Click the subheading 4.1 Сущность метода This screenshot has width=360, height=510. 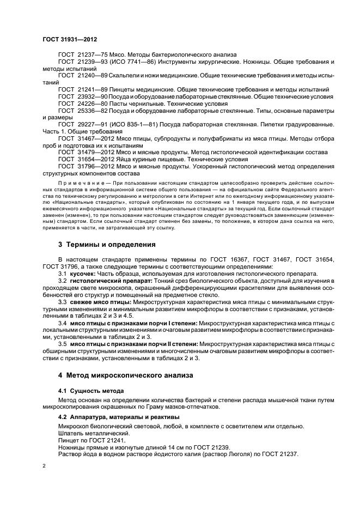(90, 391)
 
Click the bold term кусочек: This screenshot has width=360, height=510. (83, 274)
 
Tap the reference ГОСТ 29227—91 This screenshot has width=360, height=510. (83, 124)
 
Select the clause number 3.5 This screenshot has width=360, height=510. (62, 344)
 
